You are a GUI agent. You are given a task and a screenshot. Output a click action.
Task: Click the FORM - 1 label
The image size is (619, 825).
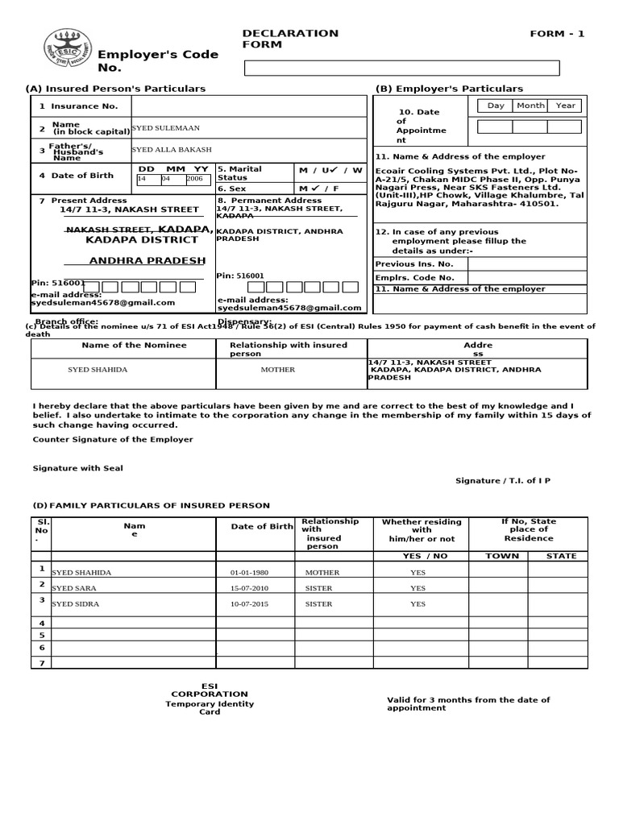pos(557,34)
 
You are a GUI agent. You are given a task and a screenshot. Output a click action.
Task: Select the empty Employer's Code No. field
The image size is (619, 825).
pos(401,68)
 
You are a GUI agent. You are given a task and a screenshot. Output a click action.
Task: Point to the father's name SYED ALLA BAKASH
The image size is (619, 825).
pos(172,150)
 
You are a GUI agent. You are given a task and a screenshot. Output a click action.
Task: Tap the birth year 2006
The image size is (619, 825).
pos(195,179)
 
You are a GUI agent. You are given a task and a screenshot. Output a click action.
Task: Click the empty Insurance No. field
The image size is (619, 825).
pos(248,106)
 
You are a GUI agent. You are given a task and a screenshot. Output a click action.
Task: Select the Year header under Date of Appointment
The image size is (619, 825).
pos(565,106)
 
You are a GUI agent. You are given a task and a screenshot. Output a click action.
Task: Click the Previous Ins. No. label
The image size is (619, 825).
pos(414,264)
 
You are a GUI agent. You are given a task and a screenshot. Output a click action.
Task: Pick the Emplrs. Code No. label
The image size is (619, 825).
pos(414,278)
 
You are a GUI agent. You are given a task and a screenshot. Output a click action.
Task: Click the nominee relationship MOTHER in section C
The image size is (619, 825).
pos(277,370)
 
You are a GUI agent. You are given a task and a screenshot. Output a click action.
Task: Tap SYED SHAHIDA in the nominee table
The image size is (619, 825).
pos(98,370)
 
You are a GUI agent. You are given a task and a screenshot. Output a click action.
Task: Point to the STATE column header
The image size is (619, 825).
pos(561,556)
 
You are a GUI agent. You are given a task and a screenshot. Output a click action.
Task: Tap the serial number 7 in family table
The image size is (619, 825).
pos(42,662)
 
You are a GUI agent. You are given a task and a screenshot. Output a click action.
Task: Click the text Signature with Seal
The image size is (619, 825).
pos(78,468)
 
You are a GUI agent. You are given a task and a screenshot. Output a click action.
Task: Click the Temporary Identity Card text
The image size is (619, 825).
pos(210,707)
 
